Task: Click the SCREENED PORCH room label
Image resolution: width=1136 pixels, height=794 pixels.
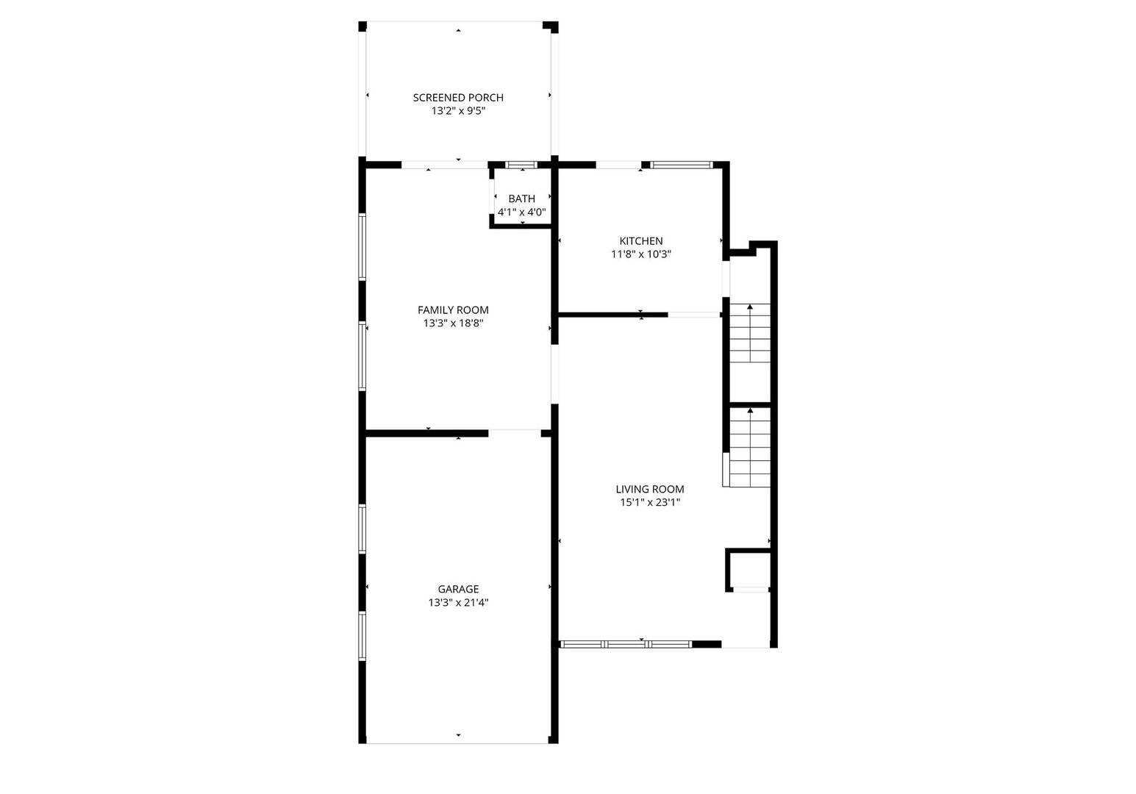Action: click(458, 97)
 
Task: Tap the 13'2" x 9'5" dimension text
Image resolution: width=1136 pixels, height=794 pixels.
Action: click(458, 111)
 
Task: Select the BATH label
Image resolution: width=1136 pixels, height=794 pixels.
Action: click(522, 198)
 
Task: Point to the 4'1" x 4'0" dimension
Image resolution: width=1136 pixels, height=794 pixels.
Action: click(522, 212)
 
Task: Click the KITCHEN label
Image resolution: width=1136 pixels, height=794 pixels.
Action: click(641, 241)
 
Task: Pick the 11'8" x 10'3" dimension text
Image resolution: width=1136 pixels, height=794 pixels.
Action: click(641, 254)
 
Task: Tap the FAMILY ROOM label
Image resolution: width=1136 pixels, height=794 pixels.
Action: click(454, 310)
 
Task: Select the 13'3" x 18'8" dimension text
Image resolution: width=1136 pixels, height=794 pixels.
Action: click(454, 323)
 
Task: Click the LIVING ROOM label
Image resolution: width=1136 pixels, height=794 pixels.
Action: click(650, 490)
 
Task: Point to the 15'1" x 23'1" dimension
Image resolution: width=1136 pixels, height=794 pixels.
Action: click(650, 502)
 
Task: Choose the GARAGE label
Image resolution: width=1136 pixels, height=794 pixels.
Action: click(459, 589)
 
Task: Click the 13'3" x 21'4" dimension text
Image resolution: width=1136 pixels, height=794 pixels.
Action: click(459, 602)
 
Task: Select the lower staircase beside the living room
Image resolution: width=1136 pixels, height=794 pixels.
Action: click(750, 447)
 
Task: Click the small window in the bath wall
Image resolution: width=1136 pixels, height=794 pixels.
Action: click(521, 165)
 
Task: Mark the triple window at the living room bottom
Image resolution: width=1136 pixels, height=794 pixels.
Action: click(626, 645)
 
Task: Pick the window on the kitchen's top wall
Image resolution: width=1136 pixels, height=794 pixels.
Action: click(681, 164)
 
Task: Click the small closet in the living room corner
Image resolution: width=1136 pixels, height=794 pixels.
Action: click(749, 571)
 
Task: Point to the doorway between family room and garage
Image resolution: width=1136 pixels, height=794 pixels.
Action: click(515, 433)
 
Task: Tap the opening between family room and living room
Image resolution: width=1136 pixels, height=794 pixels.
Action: click(555, 374)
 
